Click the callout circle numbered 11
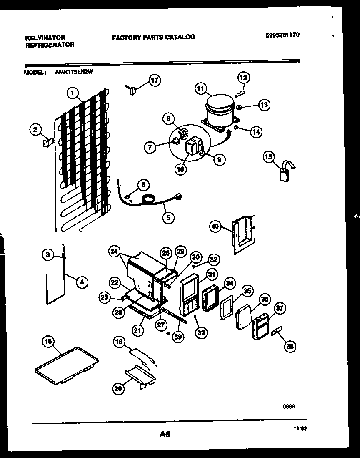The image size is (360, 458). tap(201, 88)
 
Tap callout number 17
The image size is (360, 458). tap(155, 81)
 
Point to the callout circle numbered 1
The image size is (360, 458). tap(73, 94)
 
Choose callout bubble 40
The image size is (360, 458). tap(215, 226)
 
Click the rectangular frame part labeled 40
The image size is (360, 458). tap(243, 234)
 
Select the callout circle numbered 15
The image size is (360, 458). tap(269, 157)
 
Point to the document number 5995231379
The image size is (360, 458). tap(282, 35)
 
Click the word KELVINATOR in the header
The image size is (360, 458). tap(45, 38)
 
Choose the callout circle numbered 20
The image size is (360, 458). tap(119, 388)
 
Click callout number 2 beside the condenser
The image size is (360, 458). tap(36, 130)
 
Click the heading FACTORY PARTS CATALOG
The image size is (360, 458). tap(153, 37)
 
